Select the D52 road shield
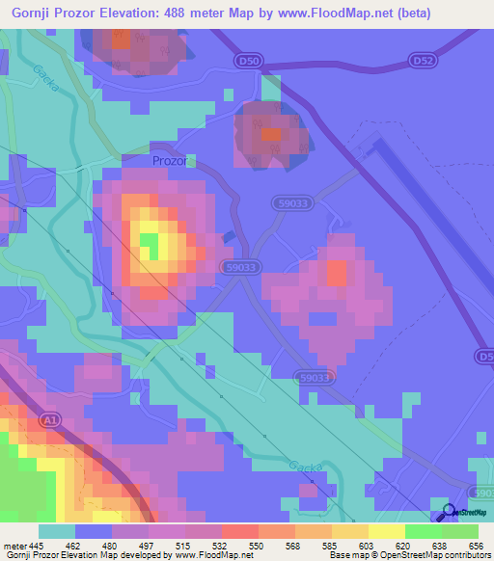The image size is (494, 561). click(421, 60)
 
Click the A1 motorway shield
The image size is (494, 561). click(50, 420)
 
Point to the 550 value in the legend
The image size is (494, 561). click(254, 546)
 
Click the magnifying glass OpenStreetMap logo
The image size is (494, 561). click(448, 512)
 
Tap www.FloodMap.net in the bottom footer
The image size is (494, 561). click(209, 556)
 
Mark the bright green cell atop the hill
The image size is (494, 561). click(150, 242)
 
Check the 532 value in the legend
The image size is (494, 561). click(218, 546)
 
